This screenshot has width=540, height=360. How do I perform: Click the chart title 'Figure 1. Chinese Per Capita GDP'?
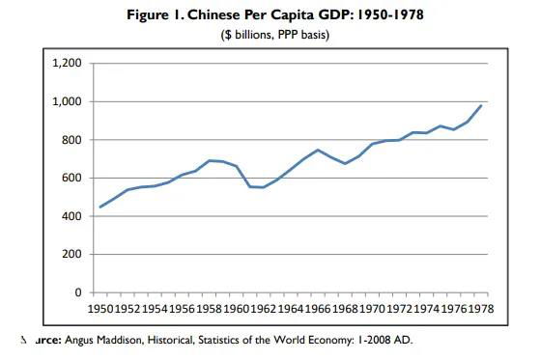point(269,15)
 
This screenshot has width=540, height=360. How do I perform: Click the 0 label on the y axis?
point(78,292)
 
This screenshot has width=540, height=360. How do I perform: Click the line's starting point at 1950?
point(99,207)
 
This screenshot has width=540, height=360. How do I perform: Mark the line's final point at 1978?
point(480,105)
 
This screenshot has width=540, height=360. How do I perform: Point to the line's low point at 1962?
point(263,187)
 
